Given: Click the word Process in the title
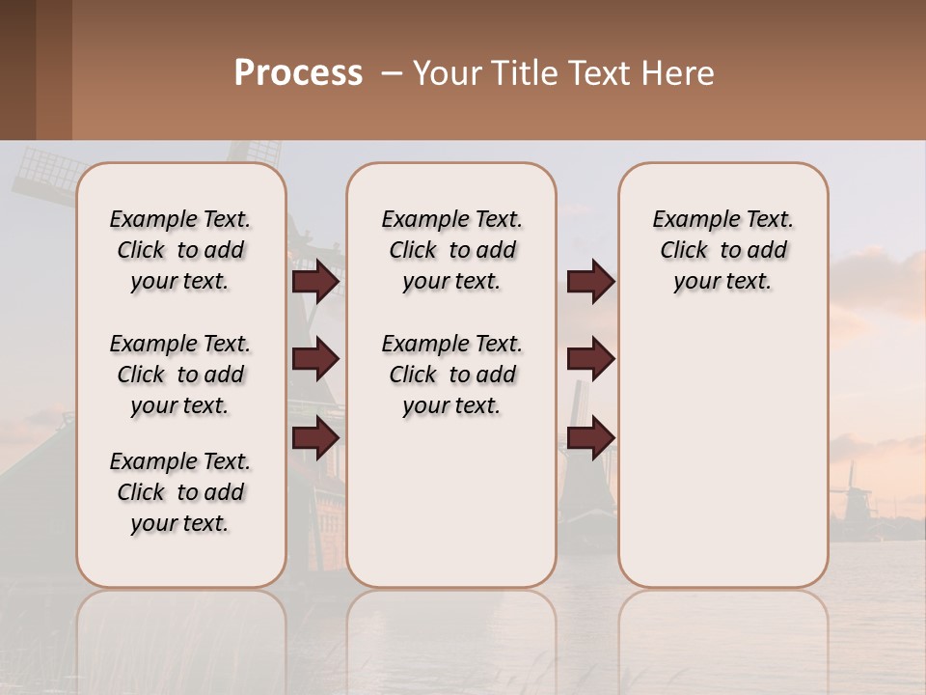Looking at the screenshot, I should point(298,73).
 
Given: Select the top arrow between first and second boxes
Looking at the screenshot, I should point(315,282).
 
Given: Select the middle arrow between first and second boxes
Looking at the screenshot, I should point(315,359).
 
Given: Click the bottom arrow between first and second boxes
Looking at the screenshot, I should point(315,437).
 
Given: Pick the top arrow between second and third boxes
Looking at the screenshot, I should point(590,282).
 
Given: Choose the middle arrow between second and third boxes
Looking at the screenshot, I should point(590,359).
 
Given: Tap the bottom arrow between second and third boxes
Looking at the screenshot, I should point(590,437).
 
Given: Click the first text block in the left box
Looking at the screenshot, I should point(180,250).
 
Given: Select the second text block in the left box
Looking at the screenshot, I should point(180,375).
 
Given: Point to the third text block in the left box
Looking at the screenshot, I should point(180,492).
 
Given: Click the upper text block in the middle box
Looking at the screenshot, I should point(451,250).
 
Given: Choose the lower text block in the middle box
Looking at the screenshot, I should point(451,375).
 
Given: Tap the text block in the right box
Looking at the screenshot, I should point(722,250).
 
